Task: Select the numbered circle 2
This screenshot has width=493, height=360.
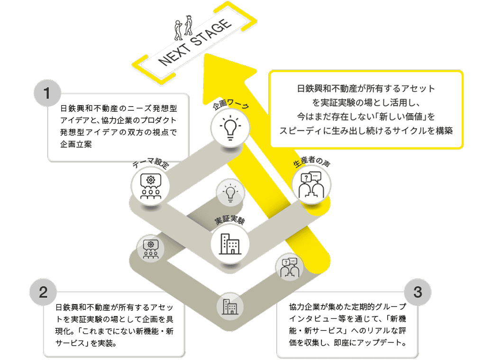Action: (x=43, y=292)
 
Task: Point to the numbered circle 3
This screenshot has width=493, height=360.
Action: (x=418, y=292)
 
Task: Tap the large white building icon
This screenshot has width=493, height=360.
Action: (x=230, y=243)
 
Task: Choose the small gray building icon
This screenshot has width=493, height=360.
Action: (x=230, y=306)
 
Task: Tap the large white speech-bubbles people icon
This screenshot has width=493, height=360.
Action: (x=311, y=185)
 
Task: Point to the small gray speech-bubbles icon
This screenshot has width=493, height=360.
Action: (x=289, y=268)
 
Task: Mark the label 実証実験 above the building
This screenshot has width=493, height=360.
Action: (x=229, y=221)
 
